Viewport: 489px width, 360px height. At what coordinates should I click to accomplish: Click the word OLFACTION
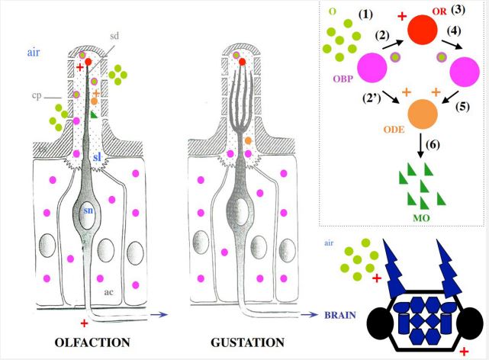(x=92, y=342)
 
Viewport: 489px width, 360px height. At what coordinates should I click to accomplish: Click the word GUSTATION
(x=248, y=342)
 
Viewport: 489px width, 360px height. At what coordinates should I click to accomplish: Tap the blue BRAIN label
(x=340, y=315)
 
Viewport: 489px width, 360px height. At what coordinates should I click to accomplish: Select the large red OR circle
(x=423, y=30)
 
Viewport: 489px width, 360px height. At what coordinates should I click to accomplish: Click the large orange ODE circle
(x=423, y=114)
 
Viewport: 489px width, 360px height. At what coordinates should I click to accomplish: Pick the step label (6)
(x=433, y=145)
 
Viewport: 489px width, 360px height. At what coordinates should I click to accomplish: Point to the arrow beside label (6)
(x=421, y=146)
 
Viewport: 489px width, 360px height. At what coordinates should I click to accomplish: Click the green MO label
(x=421, y=217)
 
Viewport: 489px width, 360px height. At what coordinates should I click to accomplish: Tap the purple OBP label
(x=343, y=79)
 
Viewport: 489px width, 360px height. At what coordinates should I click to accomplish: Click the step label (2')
(x=372, y=98)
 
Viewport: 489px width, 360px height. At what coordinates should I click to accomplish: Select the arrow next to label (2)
(x=393, y=44)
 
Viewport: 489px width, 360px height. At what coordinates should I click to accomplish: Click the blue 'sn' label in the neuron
(x=88, y=211)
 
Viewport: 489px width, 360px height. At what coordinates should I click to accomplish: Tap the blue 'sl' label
(x=97, y=157)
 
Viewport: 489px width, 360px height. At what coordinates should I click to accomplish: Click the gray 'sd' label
(x=114, y=36)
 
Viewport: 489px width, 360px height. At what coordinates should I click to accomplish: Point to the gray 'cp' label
(x=37, y=95)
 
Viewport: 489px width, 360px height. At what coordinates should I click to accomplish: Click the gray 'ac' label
(x=108, y=292)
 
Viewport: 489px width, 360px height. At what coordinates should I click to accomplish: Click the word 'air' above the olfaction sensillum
(x=34, y=53)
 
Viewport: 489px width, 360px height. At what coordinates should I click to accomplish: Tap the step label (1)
(x=365, y=14)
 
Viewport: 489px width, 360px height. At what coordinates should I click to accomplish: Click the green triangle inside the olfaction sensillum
(x=94, y=114)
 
